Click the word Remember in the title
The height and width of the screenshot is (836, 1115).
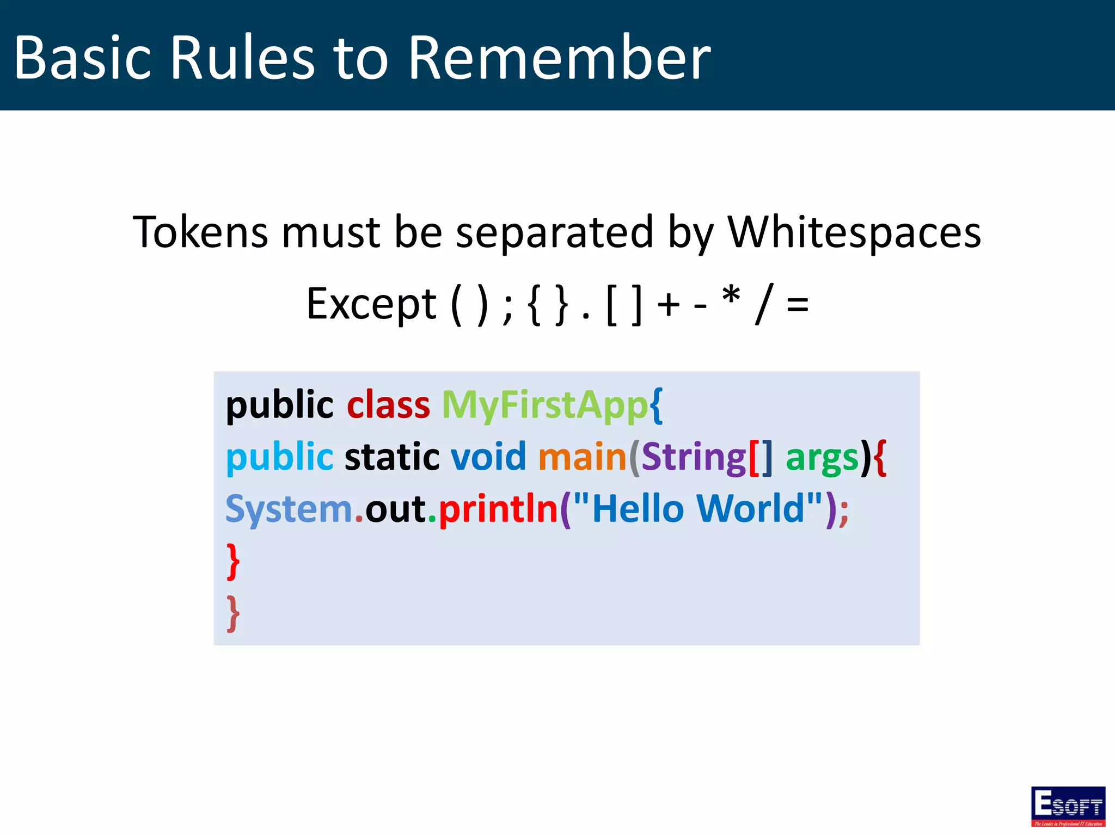559,58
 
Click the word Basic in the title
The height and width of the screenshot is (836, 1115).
82,58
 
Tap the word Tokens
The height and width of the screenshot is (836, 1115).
200,232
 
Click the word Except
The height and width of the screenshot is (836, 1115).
371,304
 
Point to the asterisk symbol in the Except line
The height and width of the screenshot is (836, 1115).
731,297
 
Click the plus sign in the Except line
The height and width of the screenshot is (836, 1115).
669,305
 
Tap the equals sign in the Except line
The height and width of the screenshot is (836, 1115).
798,305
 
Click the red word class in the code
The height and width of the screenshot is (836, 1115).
388,405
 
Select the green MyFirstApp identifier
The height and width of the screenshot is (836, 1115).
544,405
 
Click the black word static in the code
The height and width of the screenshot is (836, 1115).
392,457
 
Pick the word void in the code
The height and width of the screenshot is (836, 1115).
488,457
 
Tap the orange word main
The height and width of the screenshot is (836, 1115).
582,457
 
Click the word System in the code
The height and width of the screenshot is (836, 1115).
289,509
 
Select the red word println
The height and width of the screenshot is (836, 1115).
498,509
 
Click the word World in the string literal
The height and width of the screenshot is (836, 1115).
750,508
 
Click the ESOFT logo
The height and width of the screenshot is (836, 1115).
1068,806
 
